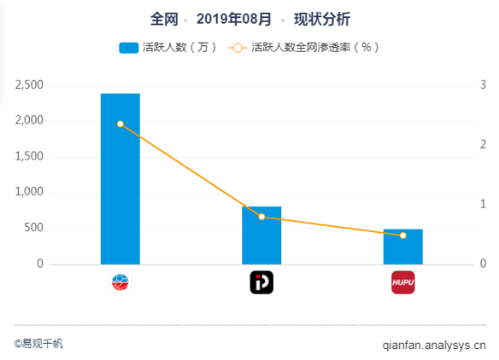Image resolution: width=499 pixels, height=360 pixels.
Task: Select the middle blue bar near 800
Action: click(x=261, y=235)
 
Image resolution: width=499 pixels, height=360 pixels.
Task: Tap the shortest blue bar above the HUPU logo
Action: click(x=403, y=247)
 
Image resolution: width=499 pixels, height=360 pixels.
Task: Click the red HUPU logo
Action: click(x=403, y=283)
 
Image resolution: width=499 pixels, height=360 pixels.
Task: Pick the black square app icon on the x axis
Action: click(x=261, y=283)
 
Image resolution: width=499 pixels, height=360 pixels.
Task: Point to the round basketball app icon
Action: click(x=120, y=283)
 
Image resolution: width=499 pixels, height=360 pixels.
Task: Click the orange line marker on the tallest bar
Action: click(x=120, y=123)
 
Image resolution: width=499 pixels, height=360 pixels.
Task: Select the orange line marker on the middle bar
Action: click(x=261, y=217)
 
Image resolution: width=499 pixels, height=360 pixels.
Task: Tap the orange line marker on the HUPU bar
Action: click(x=403, y=236)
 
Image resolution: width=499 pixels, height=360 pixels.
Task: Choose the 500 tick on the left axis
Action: click(x=34, y=228)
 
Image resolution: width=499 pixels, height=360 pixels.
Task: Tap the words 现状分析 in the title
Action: click(x=322, y=18)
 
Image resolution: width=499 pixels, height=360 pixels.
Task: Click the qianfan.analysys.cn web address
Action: click(x=434, y=345)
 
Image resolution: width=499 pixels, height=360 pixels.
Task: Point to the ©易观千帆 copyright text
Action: click(x=39, y=344)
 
